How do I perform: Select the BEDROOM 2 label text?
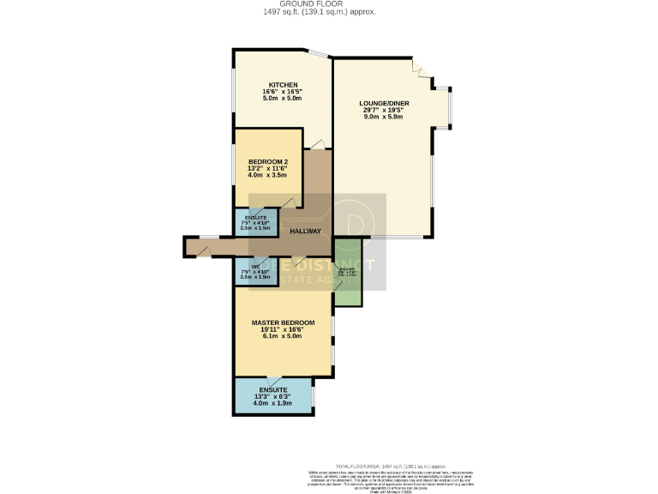(x=268, y=162)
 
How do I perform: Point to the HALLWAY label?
(x=305, y=232)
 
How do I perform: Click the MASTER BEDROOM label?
(x=283, y=322)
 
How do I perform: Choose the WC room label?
(x=255, y=266)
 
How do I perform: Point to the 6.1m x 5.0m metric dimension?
(x=283, y=338)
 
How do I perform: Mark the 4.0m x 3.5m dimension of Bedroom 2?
(x=268, y=177)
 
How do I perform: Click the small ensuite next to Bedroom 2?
(x=256, y=222)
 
